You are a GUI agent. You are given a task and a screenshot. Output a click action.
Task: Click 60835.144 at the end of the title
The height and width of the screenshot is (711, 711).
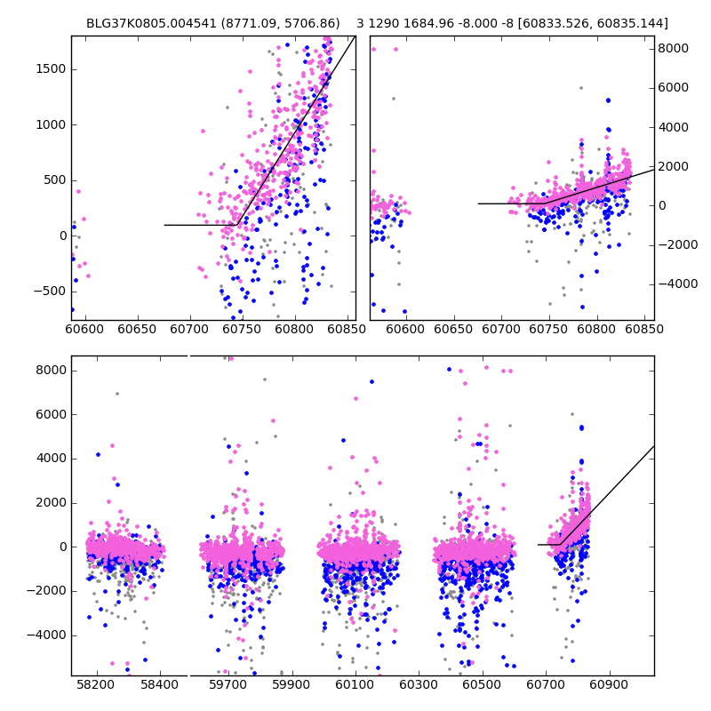tap(634, 23)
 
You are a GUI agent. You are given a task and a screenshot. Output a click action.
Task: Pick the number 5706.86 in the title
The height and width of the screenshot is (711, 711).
tap(308, 23)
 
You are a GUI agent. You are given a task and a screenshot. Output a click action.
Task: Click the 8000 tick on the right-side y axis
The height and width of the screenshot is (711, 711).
tap(673, 48)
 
